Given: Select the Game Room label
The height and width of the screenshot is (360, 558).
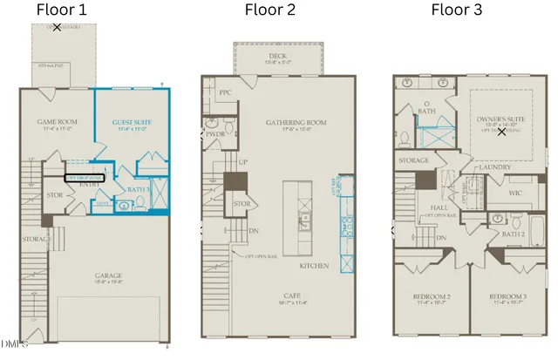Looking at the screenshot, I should tap(58, 122).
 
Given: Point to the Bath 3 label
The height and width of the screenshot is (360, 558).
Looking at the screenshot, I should tap(138, 188).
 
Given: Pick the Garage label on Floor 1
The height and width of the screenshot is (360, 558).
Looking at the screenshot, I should tap(109, 276).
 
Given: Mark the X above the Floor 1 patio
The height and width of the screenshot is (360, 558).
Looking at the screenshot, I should tap(57, 28).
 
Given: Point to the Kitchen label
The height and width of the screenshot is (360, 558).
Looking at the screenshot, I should tap(316, 264).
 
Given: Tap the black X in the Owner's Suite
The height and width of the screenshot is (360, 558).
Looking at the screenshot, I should tap(501, 132).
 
